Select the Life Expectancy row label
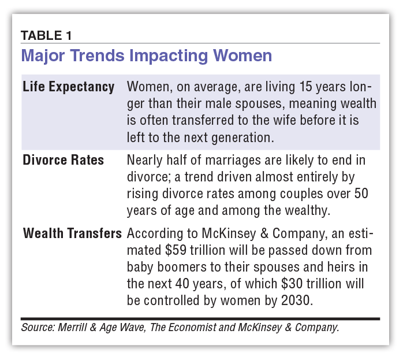pos(68,87)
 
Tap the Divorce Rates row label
pos(63,160)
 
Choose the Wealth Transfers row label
pos(72,233)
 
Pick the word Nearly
pos(144,160)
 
